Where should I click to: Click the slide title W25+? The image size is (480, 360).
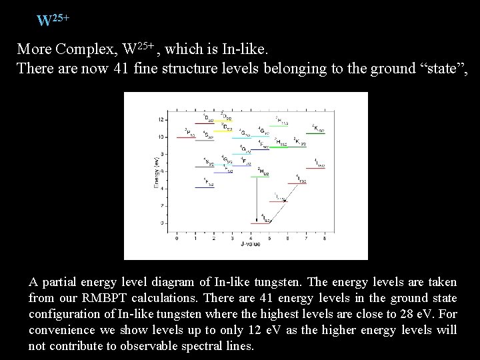(x=53, y=19)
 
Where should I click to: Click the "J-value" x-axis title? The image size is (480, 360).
(x=251, y=245)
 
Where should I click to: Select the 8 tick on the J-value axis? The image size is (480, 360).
(x=324, y=239)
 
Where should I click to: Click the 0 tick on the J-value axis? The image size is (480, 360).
(x=176, y=239)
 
